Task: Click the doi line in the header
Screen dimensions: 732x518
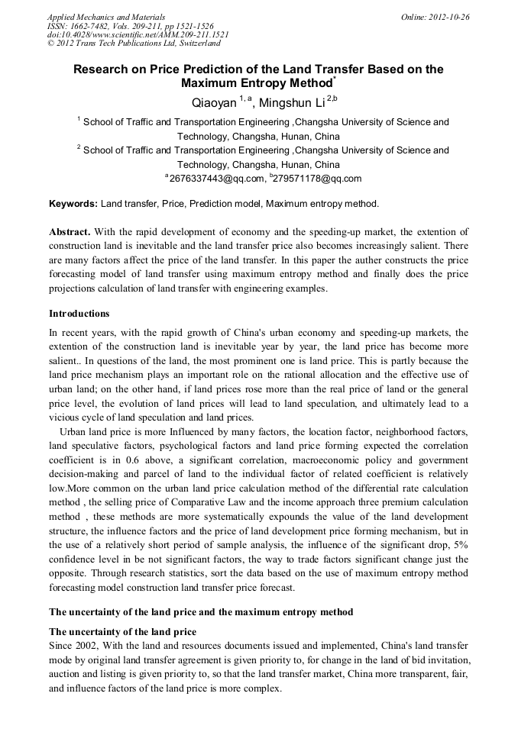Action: point(138,35)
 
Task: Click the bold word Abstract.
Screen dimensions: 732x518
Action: point(70,231)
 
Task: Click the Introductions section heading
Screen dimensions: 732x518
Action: point(79,314)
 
